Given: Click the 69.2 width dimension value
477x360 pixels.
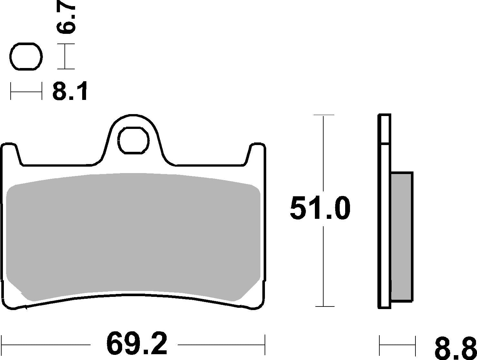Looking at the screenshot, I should click(x=137, y=344).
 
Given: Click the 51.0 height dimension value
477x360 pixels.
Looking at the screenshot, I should click(x=320, y=209).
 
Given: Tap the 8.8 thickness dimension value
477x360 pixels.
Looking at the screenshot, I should click(x=454, y=349).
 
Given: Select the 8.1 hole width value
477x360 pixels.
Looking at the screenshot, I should click(x=70, y=92).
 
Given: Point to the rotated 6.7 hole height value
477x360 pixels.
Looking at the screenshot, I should click(x=66, y=19).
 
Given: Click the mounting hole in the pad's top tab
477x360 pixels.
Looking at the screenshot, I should click(x=134, y=140).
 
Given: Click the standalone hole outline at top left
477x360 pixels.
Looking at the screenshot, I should click(x=26, y=56).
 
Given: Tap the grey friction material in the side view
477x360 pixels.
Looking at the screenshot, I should click(x=402, y=237).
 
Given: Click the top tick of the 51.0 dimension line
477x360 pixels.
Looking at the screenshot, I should click(x=324, y=115).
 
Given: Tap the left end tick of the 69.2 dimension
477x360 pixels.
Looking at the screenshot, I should click(x=2, y=345).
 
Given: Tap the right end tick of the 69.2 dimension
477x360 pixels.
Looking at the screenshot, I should click(x=265, y=345).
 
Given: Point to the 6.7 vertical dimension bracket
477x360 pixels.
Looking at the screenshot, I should click(x=65, y=56).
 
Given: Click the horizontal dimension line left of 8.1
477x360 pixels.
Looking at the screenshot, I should click(x=26, y=92).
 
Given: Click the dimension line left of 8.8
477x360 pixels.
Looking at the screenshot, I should click(x=397, y=345).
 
